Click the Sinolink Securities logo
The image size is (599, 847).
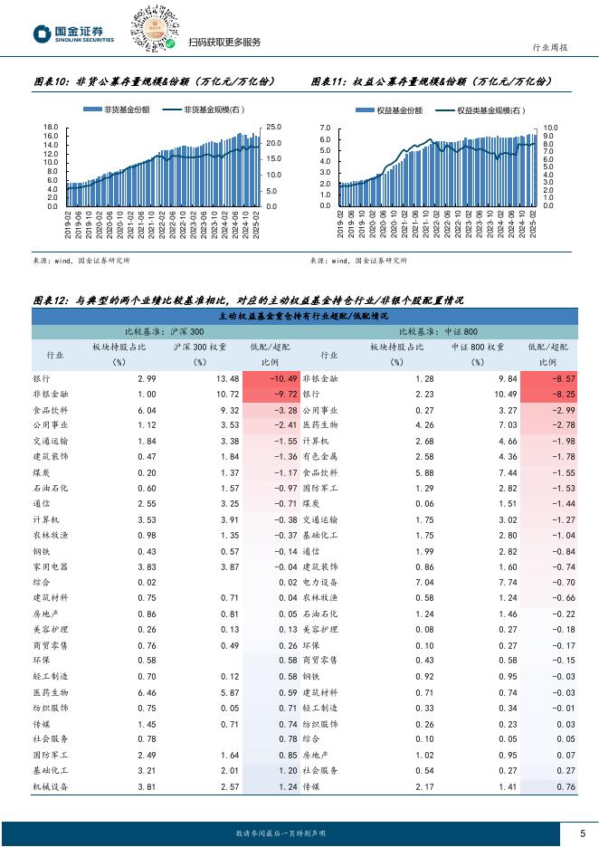[x=73, y=34]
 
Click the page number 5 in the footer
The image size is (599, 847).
[x=582, y=833]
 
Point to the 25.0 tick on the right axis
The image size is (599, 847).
[x=273, y=128]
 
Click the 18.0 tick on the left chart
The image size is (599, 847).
[x=51, y=128]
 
